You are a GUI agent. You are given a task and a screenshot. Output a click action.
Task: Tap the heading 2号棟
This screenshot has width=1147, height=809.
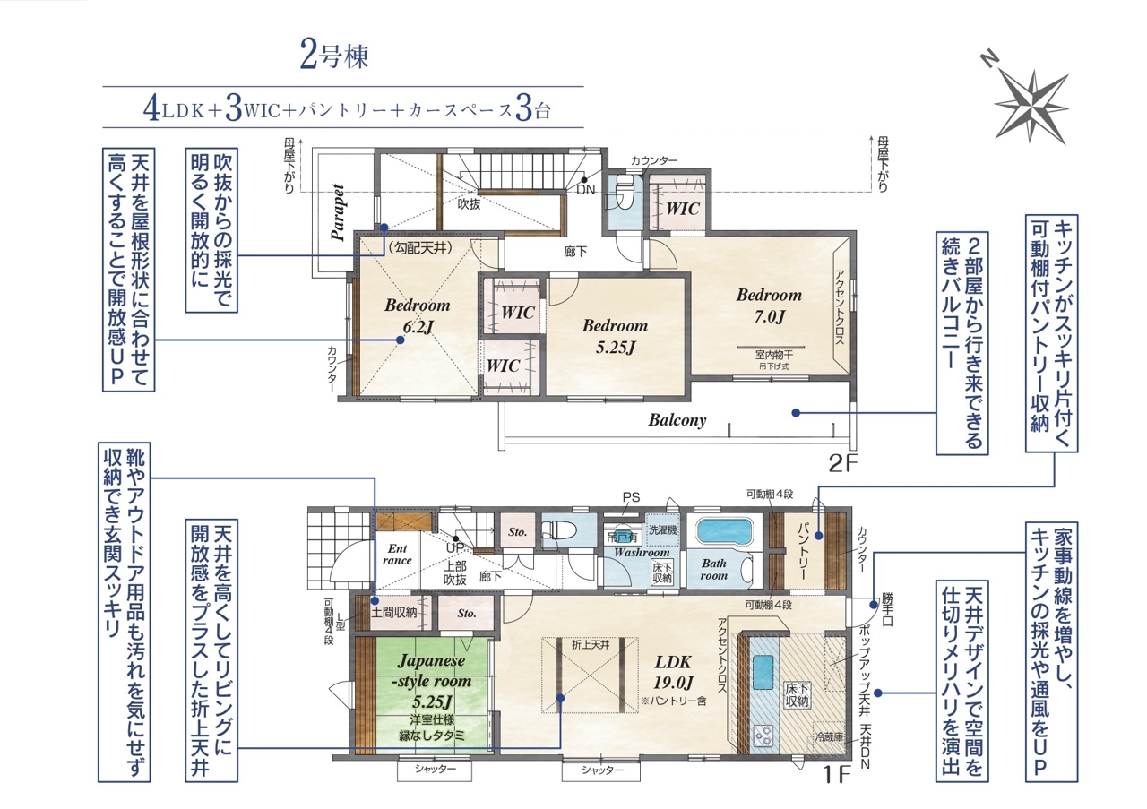(334, 56)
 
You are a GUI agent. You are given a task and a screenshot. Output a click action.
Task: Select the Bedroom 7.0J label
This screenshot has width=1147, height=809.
(769, 306)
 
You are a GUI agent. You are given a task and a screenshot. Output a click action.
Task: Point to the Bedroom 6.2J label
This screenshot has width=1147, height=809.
(418, 316)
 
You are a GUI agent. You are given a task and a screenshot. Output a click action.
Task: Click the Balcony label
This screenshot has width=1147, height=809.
(677, 420)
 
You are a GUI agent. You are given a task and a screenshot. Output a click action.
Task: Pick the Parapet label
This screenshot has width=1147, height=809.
(338, 212)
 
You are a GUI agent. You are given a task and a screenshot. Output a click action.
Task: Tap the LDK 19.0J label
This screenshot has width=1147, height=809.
(673, 672)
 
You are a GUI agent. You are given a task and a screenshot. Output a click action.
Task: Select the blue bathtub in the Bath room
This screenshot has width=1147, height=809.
(723, 531)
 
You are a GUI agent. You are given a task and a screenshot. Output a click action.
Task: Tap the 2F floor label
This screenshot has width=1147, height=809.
(843, 464)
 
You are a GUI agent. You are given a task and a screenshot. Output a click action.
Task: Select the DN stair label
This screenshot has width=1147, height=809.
(586, 190)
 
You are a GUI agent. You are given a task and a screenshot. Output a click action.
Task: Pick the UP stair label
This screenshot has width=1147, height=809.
(455, 547)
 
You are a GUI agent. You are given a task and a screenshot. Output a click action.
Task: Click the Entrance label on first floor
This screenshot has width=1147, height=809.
(397, 555)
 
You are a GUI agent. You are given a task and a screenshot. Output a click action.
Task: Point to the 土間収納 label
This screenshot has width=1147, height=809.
(393, 613)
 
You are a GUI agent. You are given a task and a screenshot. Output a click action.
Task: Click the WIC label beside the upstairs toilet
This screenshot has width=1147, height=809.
(683, 209)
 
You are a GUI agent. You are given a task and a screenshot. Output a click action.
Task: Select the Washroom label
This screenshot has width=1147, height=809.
(642, 553)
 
